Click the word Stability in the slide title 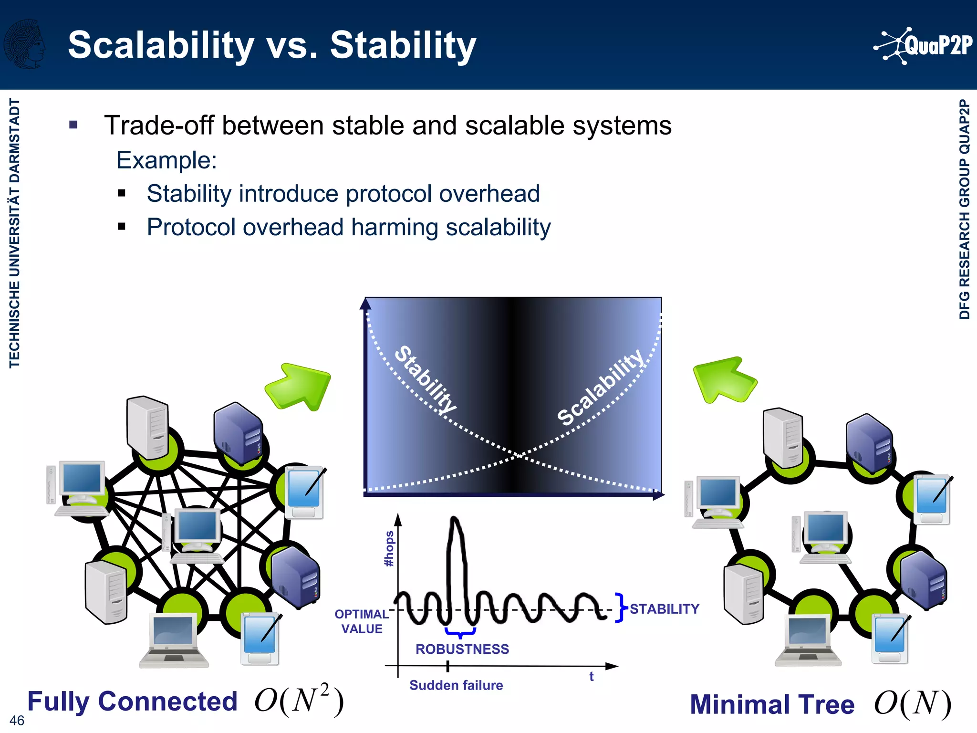[x=403, y=46]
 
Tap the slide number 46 [x=17, y=720]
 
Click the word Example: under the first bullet [x=166, y=160]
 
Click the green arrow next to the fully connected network [x=299, y=387]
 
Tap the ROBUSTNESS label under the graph [x=462, y=649]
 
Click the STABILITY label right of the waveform [x=664, y=609]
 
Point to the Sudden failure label [x=456, y=685]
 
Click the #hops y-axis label [x=389, y=549]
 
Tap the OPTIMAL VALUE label [x=362, y=621]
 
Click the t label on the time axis [x=591, y=677]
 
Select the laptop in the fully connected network [x=174, y=639]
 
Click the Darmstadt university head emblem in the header [x=25, y=44]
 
